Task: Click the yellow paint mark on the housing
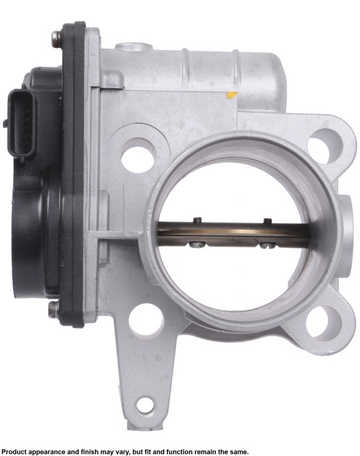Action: (232, 95)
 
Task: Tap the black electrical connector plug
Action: (21, 124)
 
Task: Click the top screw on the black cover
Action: (56, 38)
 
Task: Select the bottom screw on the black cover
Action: (54, 310)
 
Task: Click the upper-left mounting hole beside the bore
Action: (137, 160)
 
